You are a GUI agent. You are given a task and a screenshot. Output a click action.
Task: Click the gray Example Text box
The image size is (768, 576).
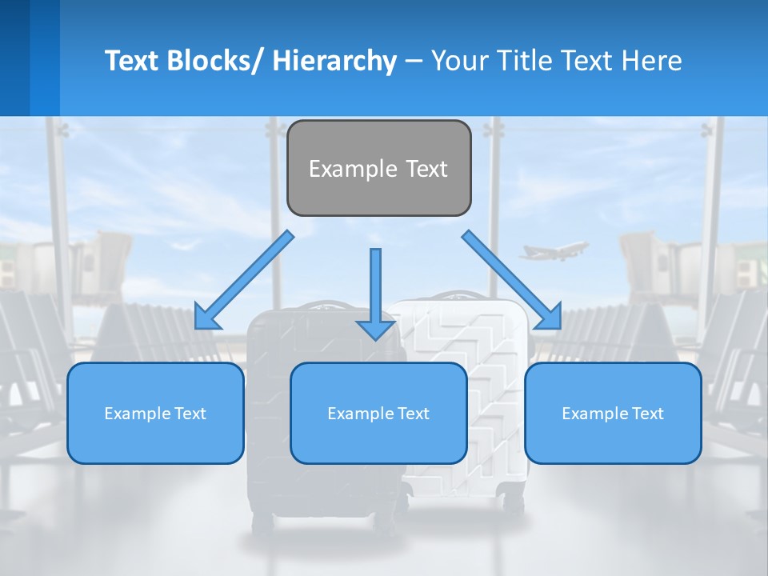point(378,168)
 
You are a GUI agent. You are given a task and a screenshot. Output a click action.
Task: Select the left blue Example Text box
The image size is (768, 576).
point(155,413)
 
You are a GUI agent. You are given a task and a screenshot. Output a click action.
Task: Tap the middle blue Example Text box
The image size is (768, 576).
point(378,413)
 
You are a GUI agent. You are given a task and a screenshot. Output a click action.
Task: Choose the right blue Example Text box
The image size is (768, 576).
point(613,413)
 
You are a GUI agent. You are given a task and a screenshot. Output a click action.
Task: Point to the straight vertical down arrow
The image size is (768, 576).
point(375,292)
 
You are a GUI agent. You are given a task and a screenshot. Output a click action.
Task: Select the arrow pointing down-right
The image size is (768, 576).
point(512,279)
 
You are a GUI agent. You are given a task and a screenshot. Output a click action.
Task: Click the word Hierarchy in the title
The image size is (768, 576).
point(334,61)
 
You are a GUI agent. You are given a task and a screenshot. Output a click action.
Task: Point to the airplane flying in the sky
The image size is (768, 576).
point(554,251)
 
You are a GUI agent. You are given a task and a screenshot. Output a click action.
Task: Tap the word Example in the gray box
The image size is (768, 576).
point(353,169)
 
